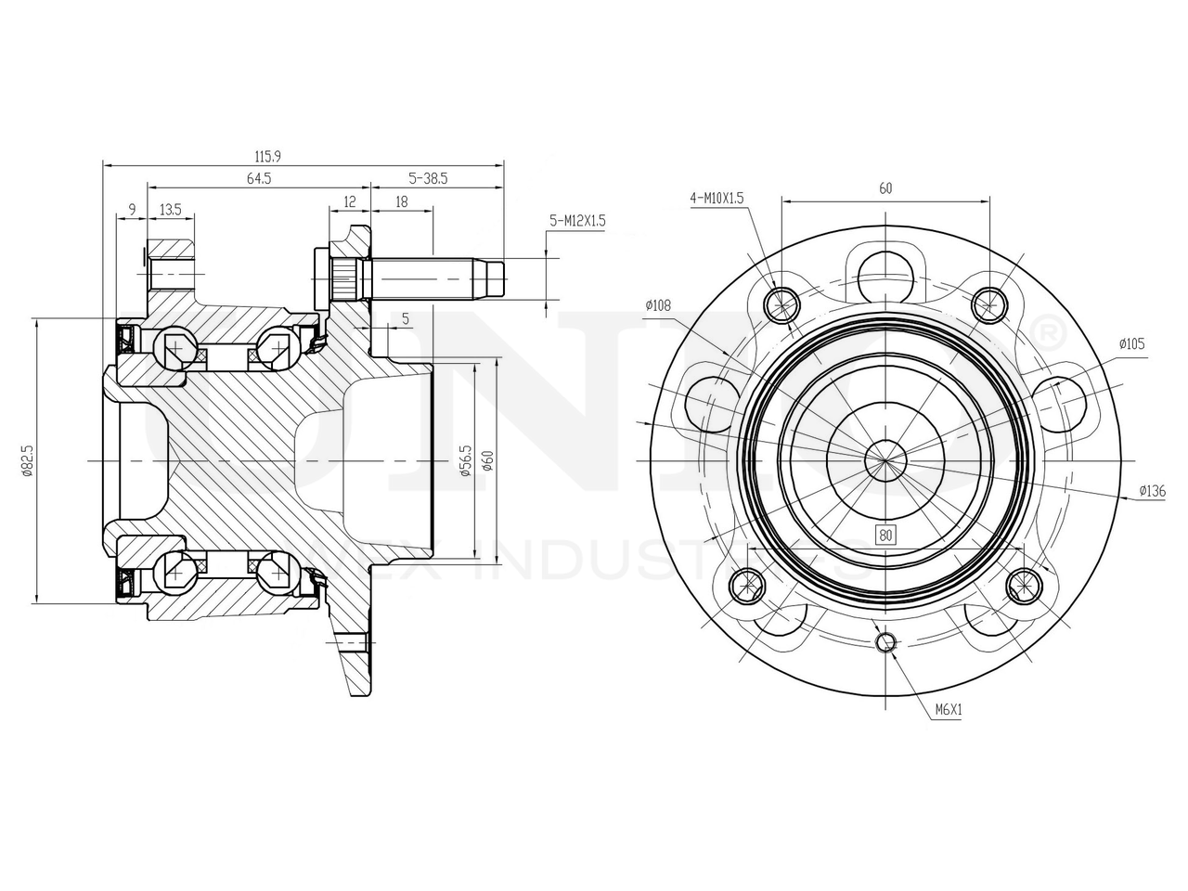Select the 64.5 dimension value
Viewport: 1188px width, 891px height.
259,179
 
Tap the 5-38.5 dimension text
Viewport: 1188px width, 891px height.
429,179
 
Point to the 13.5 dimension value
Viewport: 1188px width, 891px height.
170,209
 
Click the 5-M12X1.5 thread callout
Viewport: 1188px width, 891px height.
577,221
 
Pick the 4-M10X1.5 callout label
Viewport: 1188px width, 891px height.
717,198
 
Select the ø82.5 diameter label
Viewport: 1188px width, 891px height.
28,460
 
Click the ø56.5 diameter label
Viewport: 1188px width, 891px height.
466,461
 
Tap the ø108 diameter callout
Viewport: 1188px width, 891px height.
657,304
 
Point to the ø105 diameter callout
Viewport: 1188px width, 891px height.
1131,343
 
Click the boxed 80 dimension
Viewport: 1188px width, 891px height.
885,535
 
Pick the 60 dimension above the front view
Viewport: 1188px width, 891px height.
885,188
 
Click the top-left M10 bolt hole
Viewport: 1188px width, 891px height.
781,303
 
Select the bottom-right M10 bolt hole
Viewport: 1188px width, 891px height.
1025,585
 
